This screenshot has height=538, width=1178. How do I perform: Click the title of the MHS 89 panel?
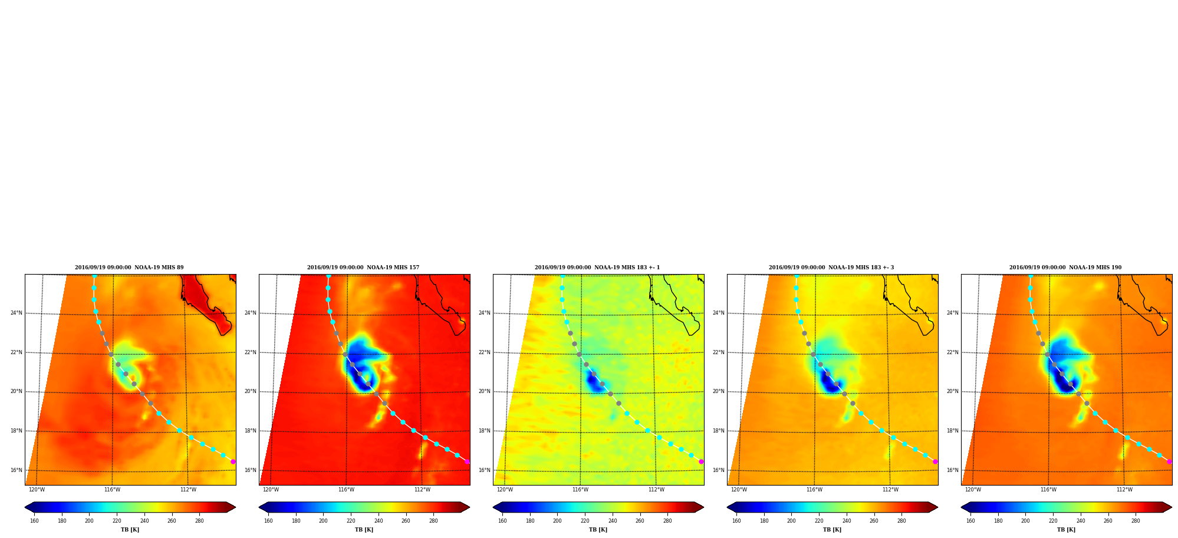(x=129, y=268)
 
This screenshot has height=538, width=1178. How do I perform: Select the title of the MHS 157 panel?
(x=363, y=268)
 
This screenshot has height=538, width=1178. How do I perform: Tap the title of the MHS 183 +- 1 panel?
(x=597, y=268)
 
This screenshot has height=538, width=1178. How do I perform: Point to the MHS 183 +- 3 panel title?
(x=831, y=268)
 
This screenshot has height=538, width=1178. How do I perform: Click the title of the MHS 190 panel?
(x=1065, y=268)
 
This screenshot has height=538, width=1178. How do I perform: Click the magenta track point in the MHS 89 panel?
(x=233, y=462)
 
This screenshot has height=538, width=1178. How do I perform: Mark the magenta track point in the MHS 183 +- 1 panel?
(x=701, y=462)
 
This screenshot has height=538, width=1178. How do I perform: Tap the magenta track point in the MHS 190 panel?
(x=1169, y=462)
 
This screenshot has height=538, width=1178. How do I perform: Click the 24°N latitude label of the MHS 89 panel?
(x=17, y=313)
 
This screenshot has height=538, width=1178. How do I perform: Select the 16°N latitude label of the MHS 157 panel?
(x=251, y=470)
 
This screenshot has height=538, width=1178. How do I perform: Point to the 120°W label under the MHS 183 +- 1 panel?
(x=505, y=490)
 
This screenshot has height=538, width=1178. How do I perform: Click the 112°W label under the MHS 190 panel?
(x=1124, y=490)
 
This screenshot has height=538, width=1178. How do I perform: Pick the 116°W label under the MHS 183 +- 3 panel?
(x=814, y=490)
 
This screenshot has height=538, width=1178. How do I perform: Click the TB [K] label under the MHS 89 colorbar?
(x=130, y=530)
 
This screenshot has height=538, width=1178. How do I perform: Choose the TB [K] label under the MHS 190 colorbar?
(x=1067, y=530)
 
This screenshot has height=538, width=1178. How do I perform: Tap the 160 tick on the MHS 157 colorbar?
(x=268, y=521)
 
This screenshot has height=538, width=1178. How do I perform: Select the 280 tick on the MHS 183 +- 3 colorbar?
(x=901, y=521)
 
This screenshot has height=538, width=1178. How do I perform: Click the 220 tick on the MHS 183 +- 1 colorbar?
(x=585, y=521)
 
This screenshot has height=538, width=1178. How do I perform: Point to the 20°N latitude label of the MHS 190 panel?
(x=953, y=391)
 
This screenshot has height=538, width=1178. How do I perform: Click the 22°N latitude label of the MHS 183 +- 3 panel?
(x=719, y=352)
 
